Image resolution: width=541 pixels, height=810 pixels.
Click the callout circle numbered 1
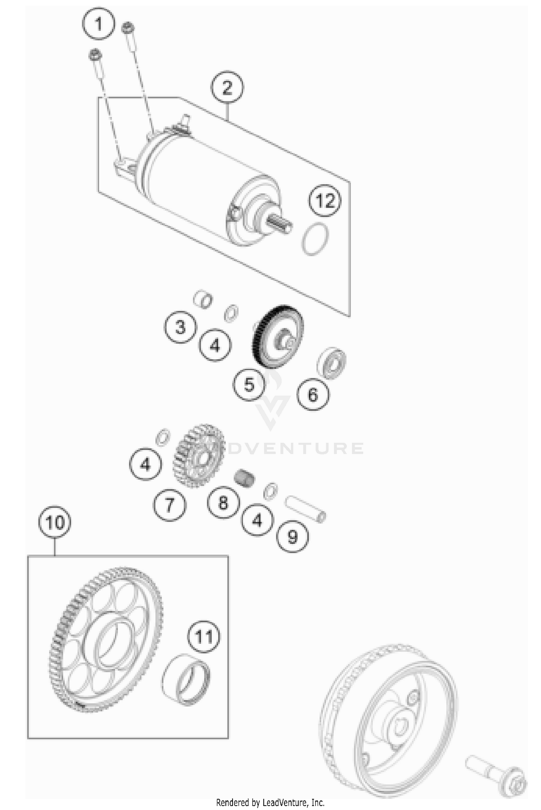98,23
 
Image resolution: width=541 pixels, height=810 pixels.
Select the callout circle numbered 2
227,88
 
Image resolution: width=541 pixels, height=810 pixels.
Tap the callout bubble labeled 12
325,201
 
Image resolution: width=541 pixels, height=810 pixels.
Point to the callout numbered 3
180,327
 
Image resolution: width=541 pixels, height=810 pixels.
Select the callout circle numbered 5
249,384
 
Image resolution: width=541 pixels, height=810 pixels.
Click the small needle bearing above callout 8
244,479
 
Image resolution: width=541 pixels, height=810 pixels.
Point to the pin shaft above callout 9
305,509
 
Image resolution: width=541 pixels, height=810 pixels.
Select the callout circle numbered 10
55,523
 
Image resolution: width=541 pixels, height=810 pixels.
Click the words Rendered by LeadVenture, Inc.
270,802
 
